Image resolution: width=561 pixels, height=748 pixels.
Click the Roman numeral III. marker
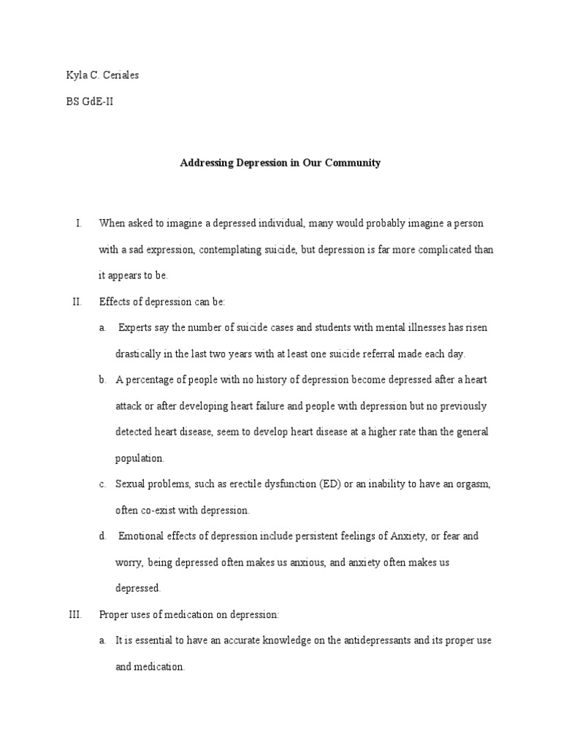click(x=75, y=615)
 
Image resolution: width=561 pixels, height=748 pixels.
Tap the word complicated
click(x=434, y=250)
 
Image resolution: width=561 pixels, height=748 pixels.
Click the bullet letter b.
click(x=102, y=380)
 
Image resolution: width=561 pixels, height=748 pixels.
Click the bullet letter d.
click(x=102, y=536)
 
